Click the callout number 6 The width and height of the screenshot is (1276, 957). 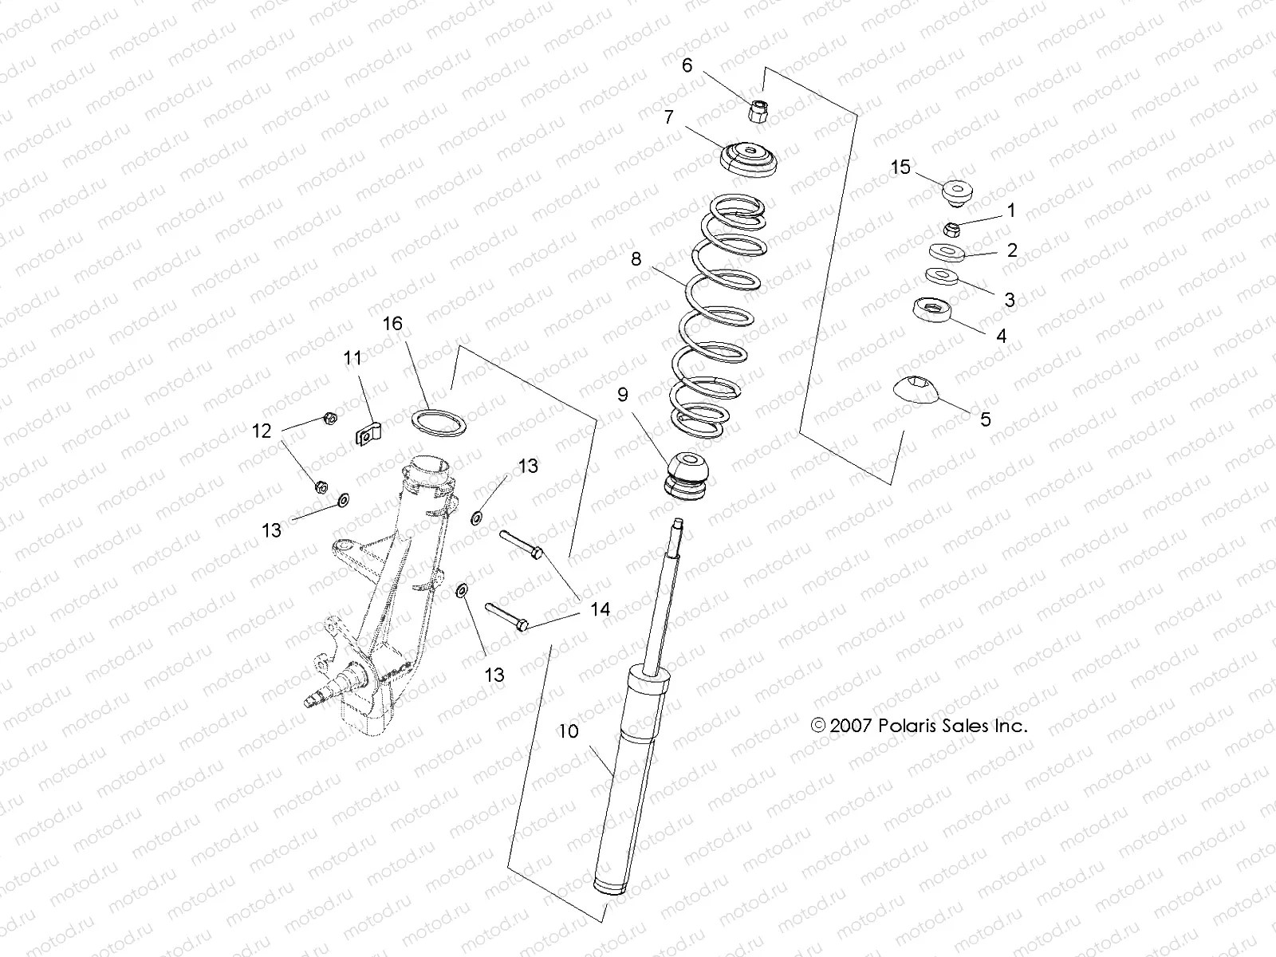687,65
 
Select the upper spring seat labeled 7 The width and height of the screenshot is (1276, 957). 749,159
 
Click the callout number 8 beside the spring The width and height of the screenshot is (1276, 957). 636,259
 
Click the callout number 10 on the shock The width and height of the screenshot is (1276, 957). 568,731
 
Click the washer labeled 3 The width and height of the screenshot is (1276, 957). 943,277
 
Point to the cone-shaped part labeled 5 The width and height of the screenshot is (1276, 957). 916,388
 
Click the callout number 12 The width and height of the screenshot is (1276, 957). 262,431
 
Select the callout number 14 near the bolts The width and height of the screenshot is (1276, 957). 600,609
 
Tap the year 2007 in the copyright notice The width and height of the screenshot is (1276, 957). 852,726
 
